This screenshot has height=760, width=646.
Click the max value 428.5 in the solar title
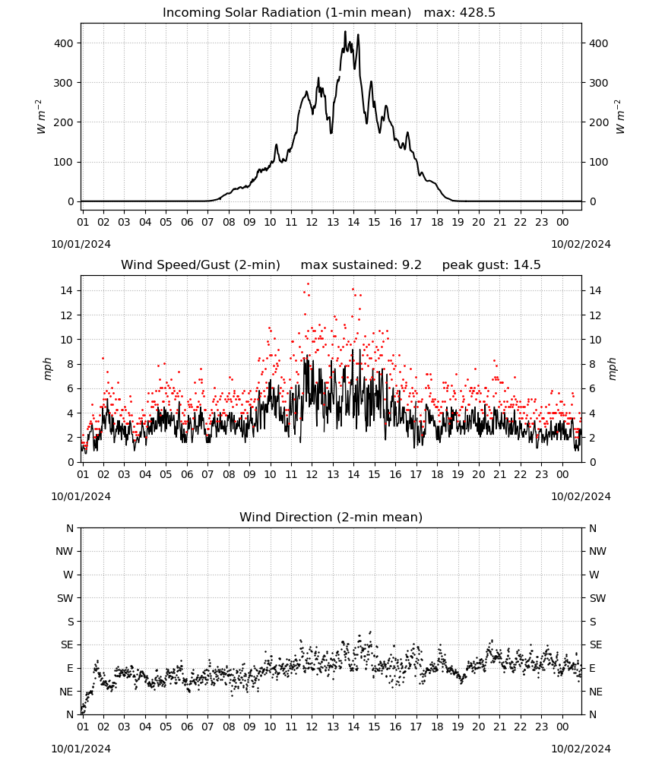[477, 13]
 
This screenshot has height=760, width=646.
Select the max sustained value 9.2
[412, 265]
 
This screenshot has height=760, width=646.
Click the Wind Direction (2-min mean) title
[331, 517]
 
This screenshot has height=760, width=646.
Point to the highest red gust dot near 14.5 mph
[309, 284]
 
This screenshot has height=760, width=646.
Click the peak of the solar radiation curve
[346, 31]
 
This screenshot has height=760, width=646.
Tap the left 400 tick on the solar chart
[63, 43]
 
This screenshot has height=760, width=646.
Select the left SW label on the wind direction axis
[65, 598]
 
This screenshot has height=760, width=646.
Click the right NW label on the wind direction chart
[597, 551]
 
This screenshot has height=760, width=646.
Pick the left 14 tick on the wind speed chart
[66, 290]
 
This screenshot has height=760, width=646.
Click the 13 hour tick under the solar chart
[333, 222]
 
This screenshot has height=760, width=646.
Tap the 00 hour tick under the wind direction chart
[562, 727]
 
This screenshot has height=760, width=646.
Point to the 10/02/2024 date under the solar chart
[581, 244]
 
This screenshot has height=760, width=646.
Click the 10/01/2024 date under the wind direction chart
[81, 749]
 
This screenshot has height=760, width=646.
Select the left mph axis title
[47, 369]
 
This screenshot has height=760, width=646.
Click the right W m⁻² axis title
[620, 117]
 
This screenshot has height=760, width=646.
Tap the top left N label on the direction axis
[70, 528]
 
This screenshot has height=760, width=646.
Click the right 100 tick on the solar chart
[599, 162]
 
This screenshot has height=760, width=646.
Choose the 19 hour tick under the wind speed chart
[458, 474]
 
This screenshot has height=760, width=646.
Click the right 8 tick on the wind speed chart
[592, 364]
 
